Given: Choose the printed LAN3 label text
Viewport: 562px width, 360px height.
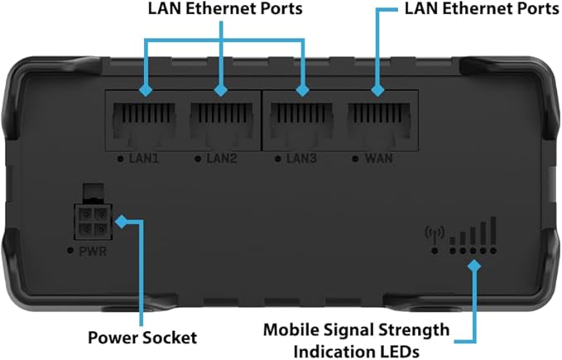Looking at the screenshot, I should (303, 157).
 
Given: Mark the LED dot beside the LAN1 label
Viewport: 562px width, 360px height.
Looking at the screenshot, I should (122, 157).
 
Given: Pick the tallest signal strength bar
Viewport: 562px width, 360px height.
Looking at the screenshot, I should (493, 229).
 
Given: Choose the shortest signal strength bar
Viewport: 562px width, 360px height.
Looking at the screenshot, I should (453, 240).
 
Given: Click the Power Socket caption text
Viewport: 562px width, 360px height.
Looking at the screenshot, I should (142, 338).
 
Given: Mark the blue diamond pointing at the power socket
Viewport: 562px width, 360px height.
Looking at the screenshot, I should (121, 222).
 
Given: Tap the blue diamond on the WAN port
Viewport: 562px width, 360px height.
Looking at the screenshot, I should (379, 89).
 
